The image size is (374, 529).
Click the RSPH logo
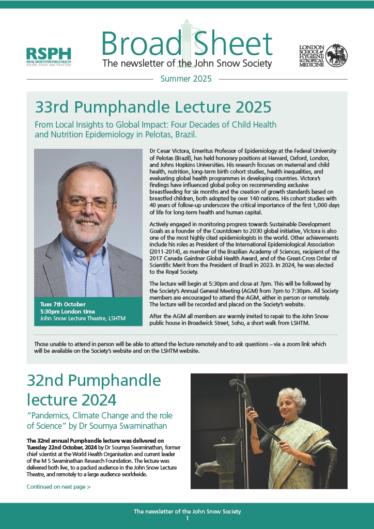point(49,56)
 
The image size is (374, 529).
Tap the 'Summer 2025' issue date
point(186,79)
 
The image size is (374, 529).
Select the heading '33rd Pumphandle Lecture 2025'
point(153,107)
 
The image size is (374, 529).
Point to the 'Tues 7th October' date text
point(63,304)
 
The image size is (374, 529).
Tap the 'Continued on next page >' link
point(58,487)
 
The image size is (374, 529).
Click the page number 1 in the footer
point(187,518)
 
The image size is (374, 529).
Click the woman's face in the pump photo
point(292,407)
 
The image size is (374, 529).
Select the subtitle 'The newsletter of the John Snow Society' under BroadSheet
point(187,64)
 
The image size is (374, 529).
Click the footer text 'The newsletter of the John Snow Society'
point(187,511)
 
